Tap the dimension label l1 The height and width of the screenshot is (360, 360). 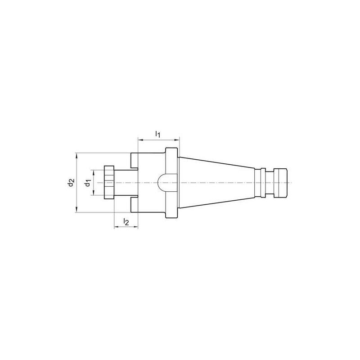[x=157, y=134]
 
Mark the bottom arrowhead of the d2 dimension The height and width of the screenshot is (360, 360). [x=77, y=209]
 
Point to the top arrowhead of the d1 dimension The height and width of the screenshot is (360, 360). [x=94, y=172]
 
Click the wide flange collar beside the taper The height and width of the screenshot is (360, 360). [x=171, y=183]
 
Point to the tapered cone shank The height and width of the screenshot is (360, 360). [x=216, y=183]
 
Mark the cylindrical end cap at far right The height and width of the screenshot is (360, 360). [x=279, y=183]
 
